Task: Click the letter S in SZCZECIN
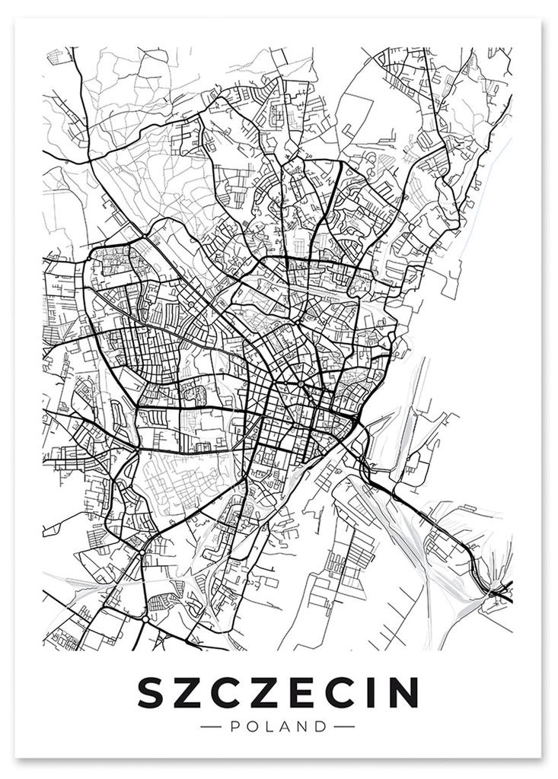152,692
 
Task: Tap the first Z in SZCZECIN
190,692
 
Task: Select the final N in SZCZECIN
402,692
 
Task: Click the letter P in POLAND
234,727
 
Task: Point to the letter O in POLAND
252,727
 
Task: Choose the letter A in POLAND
285,727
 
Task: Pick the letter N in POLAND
304,727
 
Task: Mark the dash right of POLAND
345,727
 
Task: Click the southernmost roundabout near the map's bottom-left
144,620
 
